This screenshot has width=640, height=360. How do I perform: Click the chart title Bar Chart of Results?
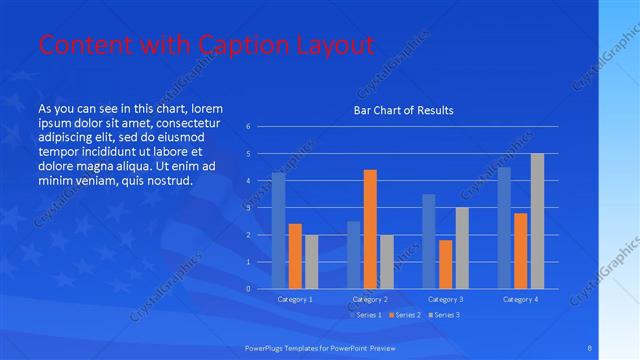pyautogui.click(x=404, y=110)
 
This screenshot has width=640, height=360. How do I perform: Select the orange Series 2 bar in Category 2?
pyautogui.click(x=370, y=229)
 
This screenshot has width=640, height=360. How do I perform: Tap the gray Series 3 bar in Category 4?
pyautogui.click(x=537, y=221)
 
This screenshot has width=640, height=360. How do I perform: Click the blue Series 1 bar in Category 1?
pyautogui.click(x=278, y=231)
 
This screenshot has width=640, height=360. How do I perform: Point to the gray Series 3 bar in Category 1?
pyautogui.click(x=311, y=262)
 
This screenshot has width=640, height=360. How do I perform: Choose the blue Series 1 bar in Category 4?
pyautogui.click(x=504, y=228)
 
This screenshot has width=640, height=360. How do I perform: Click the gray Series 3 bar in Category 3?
pyautogui.click(x=461, y=248)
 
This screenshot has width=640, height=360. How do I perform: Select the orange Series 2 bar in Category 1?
pyautogui.click(x=295, y=256)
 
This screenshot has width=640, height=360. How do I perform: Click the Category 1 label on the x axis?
pyautogui.click(x=294, y=299)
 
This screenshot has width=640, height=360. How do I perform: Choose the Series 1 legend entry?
pyautogui.click(x=364, y=315)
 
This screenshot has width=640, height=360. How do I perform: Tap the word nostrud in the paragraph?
pyautogui.click(x=164, y=180)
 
